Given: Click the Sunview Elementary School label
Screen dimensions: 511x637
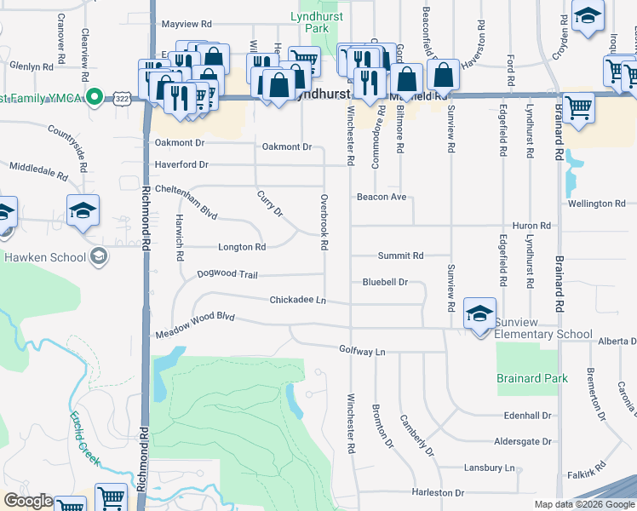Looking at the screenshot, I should (x=544, y=335).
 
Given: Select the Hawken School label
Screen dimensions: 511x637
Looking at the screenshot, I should (x=45, y=257).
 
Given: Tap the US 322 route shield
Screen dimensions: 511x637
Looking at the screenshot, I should (x=123, y=98).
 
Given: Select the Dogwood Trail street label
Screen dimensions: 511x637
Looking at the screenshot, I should (x=227, y=274).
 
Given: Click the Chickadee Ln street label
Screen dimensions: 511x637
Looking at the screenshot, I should (x=298, y=300).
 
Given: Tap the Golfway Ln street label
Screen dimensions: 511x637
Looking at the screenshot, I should (x=363, y=350).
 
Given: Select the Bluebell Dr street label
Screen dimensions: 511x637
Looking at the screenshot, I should (x=385, y=282).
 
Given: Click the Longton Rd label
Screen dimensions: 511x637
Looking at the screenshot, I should (x=242, y=248).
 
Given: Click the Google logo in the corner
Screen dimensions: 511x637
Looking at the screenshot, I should (x=28, y=501).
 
